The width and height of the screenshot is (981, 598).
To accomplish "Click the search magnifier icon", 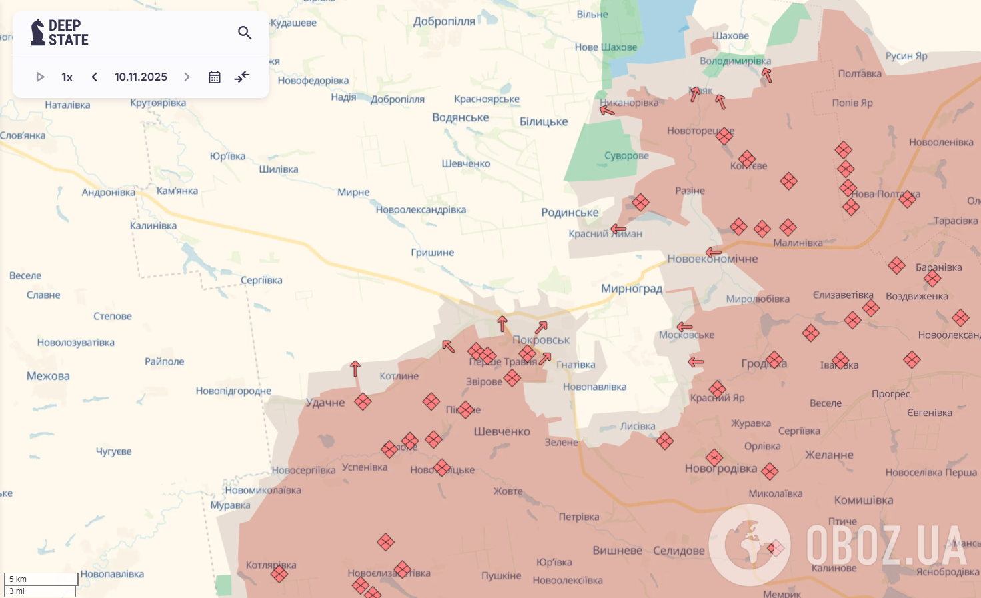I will pyautogui.click(x=245, y=33).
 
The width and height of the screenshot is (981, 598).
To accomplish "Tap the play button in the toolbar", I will pyautogui.click(x=40, y=77).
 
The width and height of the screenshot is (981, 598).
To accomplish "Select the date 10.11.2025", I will pyautogui.click(x=141, y=77).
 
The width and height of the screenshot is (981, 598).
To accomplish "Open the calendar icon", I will pyautogui.click(x=214, y=77).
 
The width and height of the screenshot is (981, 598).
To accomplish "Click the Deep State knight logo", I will pyautogui.click(x=38, y=33).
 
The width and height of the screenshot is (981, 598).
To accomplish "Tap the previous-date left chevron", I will pyautogui.click(x=95, y=77).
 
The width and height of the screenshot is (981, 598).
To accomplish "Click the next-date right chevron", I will pyautogui.click(x=187, y=77).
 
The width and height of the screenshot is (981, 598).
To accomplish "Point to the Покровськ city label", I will pyautogui.click(x=541, y=340).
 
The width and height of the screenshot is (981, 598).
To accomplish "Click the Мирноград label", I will pyautogui.click(x=632, y=289).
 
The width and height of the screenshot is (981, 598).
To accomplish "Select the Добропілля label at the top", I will pyautogui.click(x=444, y=21).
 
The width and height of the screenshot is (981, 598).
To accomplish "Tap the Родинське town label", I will pyautogui.click(x=570, y=213).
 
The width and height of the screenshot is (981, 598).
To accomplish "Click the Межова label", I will pyautogui.click(x=48, y=376).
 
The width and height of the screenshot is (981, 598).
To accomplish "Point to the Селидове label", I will pyautogui.click(x=678, y=551).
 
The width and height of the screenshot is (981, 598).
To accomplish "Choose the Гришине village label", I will pyautogui.click(x=432, y=253).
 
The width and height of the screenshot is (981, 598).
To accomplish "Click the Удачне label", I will pyautogui.click(x=325, y=403).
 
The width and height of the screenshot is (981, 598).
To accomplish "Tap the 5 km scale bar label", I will pyautogui.click(x=18, y=579).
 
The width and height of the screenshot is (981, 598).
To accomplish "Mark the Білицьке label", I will pyautogui.click(x=544, y=121).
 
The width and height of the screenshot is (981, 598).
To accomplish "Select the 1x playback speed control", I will pyautogui.click(x=67, y=77).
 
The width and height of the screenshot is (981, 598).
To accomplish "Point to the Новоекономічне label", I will pyautogui.click(x=712, y=259).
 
